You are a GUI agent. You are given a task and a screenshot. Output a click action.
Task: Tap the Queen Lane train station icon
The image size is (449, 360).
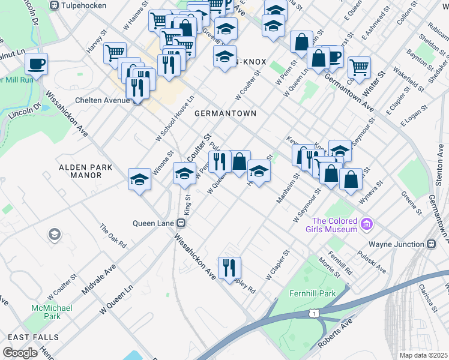pyautogui.click(x=179, y=223)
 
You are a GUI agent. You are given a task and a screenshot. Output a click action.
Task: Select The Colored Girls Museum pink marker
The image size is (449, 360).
pyautogui.click(x=367, y=225)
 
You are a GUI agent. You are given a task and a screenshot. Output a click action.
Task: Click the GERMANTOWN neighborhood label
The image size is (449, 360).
pyautogui.click(x=226, y=113)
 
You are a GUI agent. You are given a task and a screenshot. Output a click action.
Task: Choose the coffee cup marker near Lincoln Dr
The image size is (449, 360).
pyautogui.click(x=37, y=64)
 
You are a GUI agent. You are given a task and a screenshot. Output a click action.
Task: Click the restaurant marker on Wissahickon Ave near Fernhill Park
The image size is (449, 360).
pyautogui.click(x=229, y=268)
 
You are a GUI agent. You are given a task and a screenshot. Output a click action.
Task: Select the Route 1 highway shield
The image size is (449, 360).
pyautogui.click(x=313, y=313)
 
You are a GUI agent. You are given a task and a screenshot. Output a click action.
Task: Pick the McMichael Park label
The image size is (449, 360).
pyautogui.click(x=46, y=312)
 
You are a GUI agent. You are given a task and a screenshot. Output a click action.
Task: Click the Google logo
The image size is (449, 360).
pyautogui.click(x=19, y=353)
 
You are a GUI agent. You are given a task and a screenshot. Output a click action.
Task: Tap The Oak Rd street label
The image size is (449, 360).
pyautogui.click(x=113, y=236)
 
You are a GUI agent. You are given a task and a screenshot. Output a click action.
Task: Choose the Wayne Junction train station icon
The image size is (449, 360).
pyautogui.click(x=430, y=245)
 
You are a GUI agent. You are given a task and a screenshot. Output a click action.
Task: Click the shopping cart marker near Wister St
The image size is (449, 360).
pyautogui.click(x=359, y=67)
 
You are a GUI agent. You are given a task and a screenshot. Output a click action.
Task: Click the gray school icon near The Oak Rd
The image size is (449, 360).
pyautogui.click(x=55, y=233)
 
